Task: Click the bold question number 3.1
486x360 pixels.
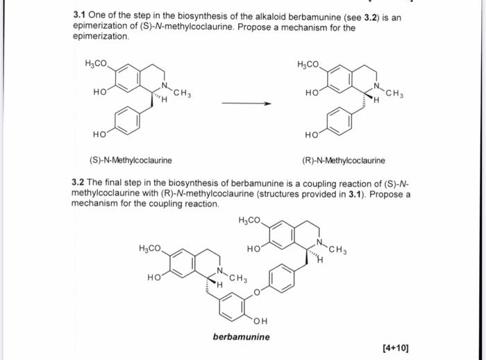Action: (80, 18)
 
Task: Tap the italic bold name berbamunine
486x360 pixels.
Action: (242, 337)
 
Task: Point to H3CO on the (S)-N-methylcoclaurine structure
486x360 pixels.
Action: (96, 64)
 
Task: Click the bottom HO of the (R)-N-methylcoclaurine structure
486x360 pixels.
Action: (311, 135)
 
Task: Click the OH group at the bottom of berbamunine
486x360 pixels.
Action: (260, 320)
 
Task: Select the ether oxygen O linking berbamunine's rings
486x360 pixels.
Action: (256, 292)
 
